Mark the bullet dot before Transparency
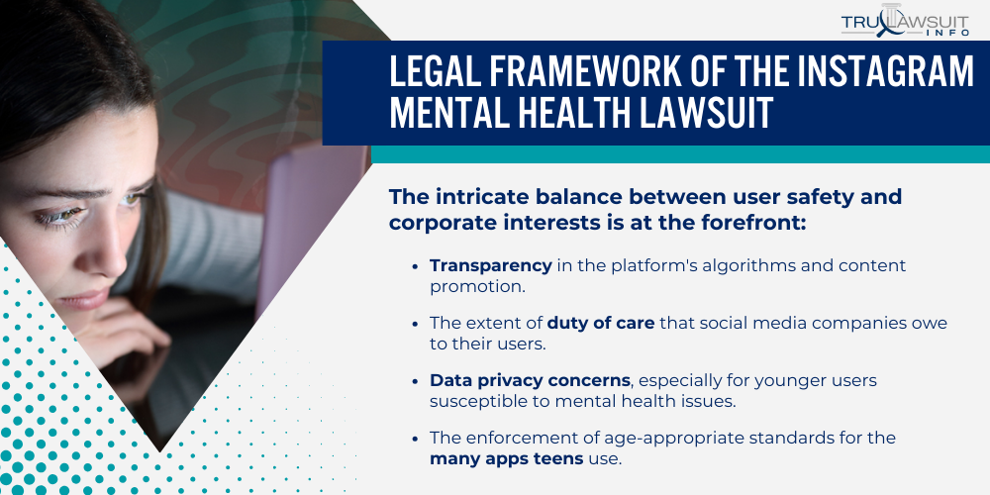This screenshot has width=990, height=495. pyautogui.click(x=414, y=266)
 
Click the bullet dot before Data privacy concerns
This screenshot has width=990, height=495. pyautogui.click(x=414, y=381)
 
